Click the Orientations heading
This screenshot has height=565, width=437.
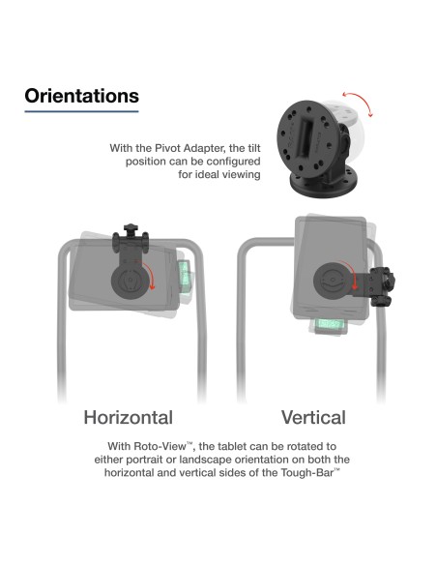(x=81, y=97)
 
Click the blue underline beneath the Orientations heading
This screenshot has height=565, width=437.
(x=81, y=112)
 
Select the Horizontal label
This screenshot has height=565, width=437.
(x=129, y=418)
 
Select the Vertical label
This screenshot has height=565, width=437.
(x=313, y=418)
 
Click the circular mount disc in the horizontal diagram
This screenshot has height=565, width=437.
(x=126, y=282)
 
